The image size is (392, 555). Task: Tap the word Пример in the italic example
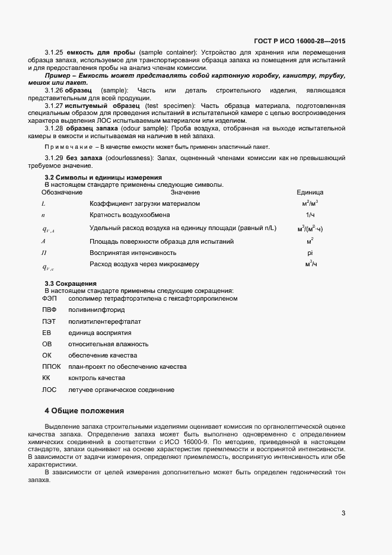click(x=59, y=76)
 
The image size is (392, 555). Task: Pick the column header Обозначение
click(x=62, y=193)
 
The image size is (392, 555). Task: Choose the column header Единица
click(x=310, y=193)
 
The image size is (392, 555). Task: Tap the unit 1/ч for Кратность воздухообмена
click(x=310, y=215)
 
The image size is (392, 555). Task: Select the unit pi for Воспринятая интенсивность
click(x=310, y=253)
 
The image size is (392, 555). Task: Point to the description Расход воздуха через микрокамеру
click(x=144, y=264)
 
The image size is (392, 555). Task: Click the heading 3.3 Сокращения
click(x=71, y=283)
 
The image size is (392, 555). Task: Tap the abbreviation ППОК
click(x=52, y=367)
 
